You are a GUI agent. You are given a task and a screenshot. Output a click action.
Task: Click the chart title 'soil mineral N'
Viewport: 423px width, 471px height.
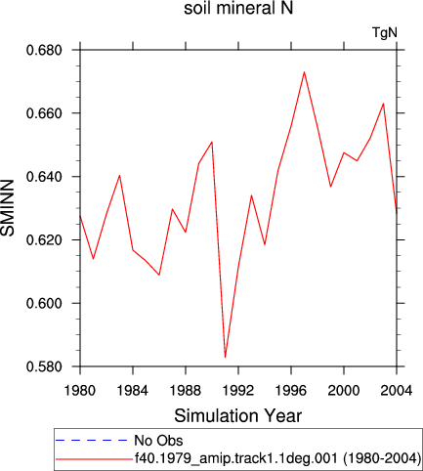(238, 9)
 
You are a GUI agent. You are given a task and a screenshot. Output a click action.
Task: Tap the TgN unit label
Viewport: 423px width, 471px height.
(385, 33)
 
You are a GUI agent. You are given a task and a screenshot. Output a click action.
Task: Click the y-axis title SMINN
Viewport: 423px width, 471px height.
(8, 208)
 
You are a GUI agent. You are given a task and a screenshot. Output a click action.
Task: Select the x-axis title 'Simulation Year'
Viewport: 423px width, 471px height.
(238, 416)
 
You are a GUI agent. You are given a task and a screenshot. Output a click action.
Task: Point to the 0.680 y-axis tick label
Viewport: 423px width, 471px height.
(44, 51)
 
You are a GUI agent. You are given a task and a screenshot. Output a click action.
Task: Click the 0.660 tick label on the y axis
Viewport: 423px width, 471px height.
(44, 113)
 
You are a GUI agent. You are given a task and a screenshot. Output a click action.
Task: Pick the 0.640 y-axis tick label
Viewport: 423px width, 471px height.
(44, 177)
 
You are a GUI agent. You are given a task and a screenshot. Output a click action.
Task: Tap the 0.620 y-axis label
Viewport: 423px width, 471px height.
(44, 240)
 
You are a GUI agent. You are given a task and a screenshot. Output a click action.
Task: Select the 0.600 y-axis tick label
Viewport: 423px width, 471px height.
(44, 303)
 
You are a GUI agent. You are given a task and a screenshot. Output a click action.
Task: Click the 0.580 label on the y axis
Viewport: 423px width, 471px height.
(44, 366)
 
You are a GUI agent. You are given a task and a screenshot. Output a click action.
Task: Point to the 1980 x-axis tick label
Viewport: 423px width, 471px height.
(80, 390)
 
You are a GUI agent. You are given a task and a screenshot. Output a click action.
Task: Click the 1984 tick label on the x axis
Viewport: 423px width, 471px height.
(133, 390)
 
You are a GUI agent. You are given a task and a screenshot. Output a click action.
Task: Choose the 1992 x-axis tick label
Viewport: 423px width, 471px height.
(238, 390)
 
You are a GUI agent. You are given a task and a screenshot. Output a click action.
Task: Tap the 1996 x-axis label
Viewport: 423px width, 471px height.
(291, 390)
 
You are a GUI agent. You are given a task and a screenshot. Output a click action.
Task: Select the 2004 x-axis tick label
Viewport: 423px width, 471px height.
(397, 390)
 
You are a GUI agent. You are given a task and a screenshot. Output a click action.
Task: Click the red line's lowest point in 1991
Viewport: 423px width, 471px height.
(225, 358)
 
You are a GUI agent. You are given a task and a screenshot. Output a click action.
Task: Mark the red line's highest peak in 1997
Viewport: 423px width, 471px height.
(304, 72)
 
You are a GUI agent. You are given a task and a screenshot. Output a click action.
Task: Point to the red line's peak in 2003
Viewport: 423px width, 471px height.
(383, 104)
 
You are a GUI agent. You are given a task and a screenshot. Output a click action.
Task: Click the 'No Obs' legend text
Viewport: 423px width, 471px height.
(158, 441)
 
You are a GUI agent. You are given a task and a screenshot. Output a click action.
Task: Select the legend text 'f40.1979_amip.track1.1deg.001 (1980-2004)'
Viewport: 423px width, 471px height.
(277, 458)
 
